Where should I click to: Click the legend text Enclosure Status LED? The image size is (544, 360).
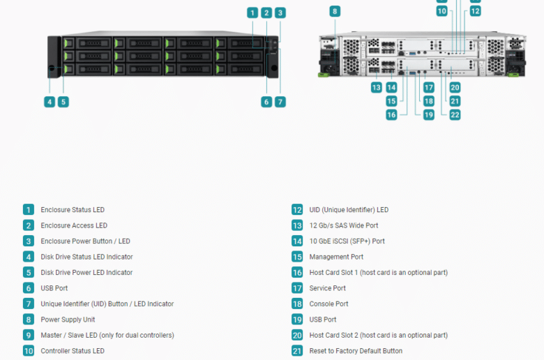73,210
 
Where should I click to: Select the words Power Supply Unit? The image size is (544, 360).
68,320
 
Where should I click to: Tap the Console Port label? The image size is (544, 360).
328,303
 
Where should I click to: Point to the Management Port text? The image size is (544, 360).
336,257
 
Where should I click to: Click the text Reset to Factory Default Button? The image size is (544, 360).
356,351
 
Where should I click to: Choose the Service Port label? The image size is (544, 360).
327,288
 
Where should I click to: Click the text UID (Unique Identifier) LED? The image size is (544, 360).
349,210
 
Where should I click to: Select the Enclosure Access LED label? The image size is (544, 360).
74,225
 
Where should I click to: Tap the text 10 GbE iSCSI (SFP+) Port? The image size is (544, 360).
347,241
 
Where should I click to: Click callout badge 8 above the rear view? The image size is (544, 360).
335,11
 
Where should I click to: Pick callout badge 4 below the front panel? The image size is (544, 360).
50,102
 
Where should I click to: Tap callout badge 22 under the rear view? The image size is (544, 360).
455,115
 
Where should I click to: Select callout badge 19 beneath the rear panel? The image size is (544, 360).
429,115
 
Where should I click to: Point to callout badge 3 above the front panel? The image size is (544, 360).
280,13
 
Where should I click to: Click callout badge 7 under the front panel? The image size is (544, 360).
280,102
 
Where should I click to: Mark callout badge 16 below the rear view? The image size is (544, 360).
391,115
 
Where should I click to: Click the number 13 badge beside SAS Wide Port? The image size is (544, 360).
297,225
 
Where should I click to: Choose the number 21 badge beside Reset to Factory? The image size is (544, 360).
297,351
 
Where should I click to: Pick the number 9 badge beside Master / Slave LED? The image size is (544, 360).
29,335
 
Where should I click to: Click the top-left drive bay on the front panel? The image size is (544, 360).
87,43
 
